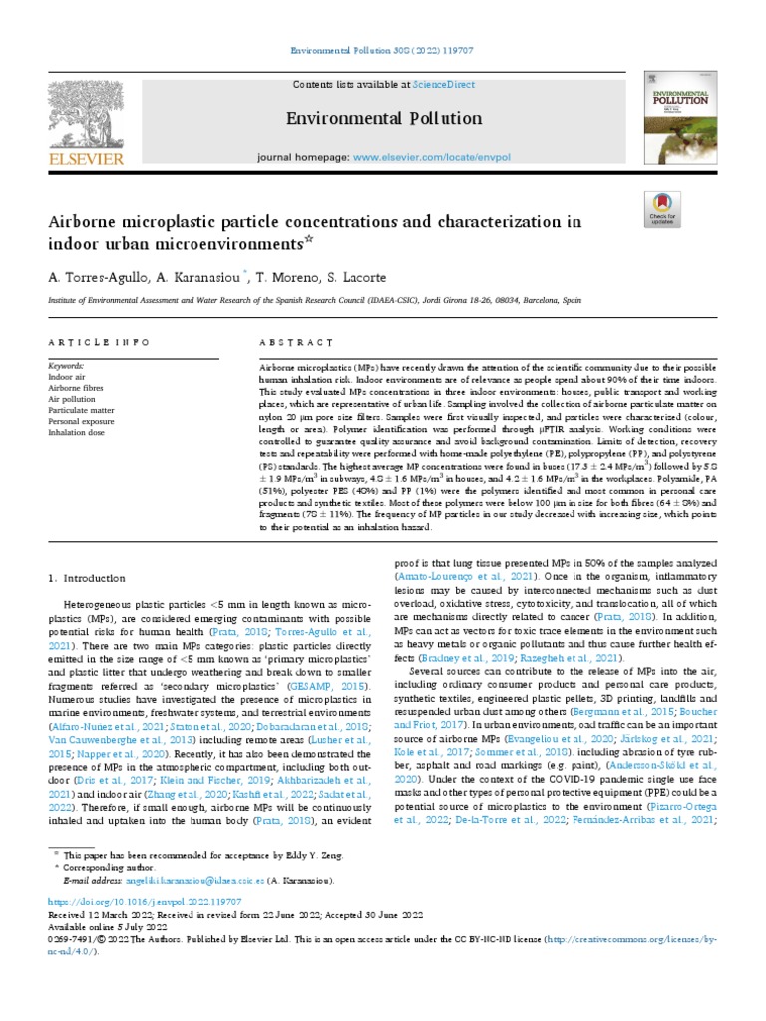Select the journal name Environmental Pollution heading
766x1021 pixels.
tap(370, 119)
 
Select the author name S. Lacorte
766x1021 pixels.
tap(361, 276)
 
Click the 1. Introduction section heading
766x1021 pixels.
tap(87, 578)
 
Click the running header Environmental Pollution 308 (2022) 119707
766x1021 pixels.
tap(383, 49)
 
